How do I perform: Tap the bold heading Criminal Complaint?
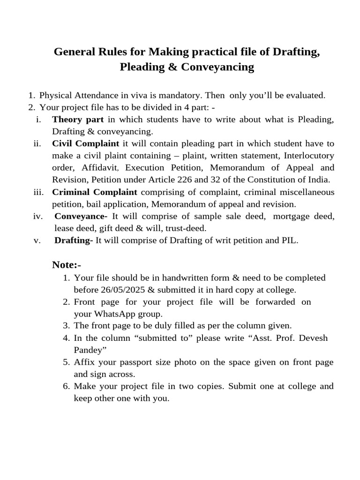pos(95,192)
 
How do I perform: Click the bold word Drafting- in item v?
pos(74,240)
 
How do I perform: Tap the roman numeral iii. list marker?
pos(38,192)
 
